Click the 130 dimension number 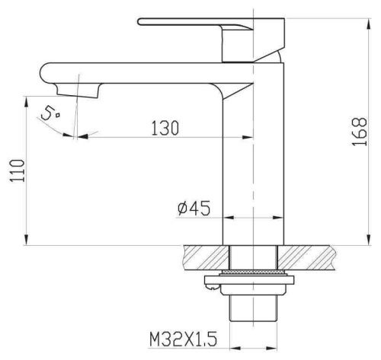click(x=165, y=128)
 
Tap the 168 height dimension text click(x=360, y=132)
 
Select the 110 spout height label click(x=18, y=170)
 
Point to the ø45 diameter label click(x=194, y=208)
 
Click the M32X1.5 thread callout click(x=183, y=339)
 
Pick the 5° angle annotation click(x=50, y=113)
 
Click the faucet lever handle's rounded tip click(x=140, y=21)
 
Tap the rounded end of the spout click(x=45, y=73)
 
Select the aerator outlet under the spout click(x=78, y=91)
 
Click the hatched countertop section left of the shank click(x=207, y=257)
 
